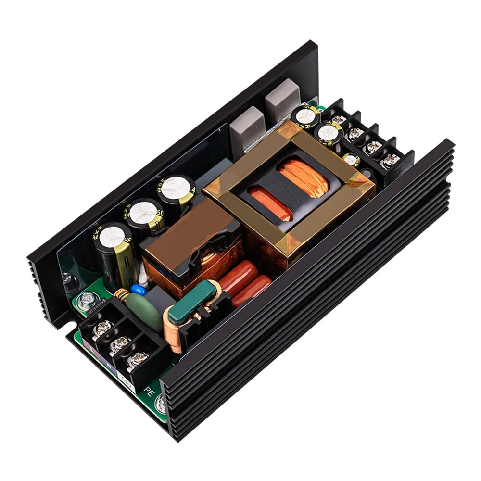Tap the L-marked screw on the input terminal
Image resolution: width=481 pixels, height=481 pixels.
[103, 329]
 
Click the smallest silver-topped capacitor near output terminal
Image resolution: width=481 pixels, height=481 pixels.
[352, 159]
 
